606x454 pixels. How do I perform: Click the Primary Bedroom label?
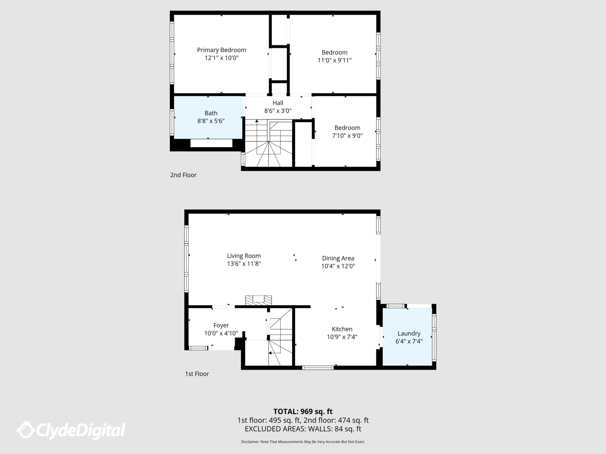[x=221, y=50]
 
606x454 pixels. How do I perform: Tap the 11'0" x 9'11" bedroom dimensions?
[x=334, y=60]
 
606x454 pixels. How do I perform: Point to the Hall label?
[x=278, y=103]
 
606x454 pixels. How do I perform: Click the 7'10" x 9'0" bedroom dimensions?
[x=347, y=136]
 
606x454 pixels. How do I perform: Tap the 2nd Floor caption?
[x=183, y=175]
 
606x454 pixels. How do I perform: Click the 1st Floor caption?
[x=197, y=374]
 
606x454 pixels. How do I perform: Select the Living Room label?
[x=244, y=256]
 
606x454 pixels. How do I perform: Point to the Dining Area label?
[x=338, y=258]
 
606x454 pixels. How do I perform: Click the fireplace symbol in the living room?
[x=258, y=300]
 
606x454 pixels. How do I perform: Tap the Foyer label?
[x=221, y=325]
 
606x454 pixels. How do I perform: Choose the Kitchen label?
[x=342, y=329]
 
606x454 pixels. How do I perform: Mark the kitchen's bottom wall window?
[x=318, y=368]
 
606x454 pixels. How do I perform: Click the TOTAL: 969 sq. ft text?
[x=303, y=411]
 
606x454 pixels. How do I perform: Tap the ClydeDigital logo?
[x=71, y=430]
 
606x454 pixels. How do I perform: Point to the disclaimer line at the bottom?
[x=303, y=442]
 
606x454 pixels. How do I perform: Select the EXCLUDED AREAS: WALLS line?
[x=303, y=429]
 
